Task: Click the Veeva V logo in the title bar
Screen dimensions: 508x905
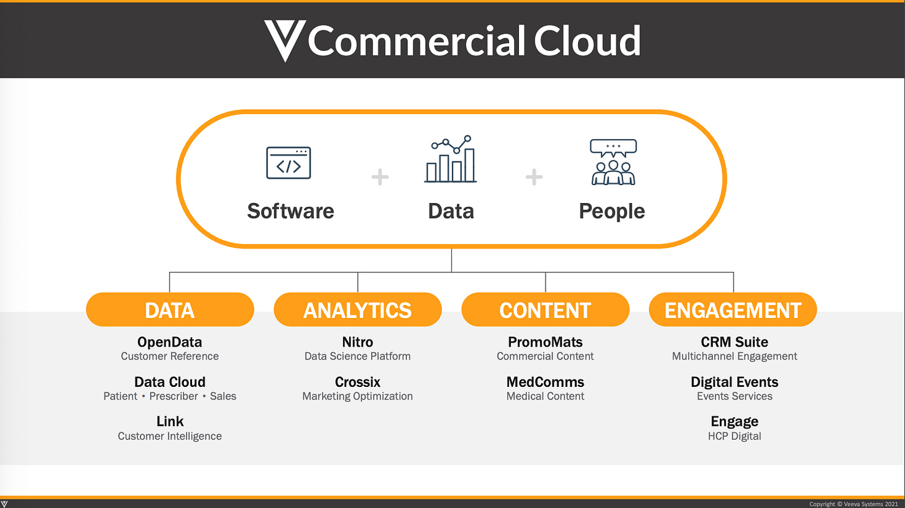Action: [x=285, y=40]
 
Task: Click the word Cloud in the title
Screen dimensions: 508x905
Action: [x=587, y=41]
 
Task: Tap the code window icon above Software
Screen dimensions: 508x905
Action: [x=288, y=163]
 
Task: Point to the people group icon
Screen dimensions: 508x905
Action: [x=613, y=162]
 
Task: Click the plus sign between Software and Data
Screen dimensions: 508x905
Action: [x=380, y=178]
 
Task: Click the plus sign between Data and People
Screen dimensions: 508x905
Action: [x=534, y=178]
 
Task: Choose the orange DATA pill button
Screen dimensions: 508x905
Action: [x=170, y=310]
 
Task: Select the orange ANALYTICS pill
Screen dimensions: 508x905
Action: [x=357, y=310]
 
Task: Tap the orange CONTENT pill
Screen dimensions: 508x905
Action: [x=545, y=310]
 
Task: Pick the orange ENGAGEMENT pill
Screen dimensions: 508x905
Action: [x=733, y=310]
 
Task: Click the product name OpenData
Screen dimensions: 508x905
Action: [x=170, y=342]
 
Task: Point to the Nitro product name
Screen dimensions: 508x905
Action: [x=357, y=342]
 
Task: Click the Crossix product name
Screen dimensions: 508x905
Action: [x=357, y=382]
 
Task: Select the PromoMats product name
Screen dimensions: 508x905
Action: [x=545, y=342]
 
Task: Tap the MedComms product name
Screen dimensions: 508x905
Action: [x=545, y=382]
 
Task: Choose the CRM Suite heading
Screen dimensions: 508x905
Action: [x=734, y=342]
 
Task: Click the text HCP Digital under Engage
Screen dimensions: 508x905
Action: [x=734, y=436]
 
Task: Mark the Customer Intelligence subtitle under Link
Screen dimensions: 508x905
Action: [x=170, y=436]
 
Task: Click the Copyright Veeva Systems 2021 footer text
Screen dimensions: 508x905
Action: [x=853, y=504]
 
